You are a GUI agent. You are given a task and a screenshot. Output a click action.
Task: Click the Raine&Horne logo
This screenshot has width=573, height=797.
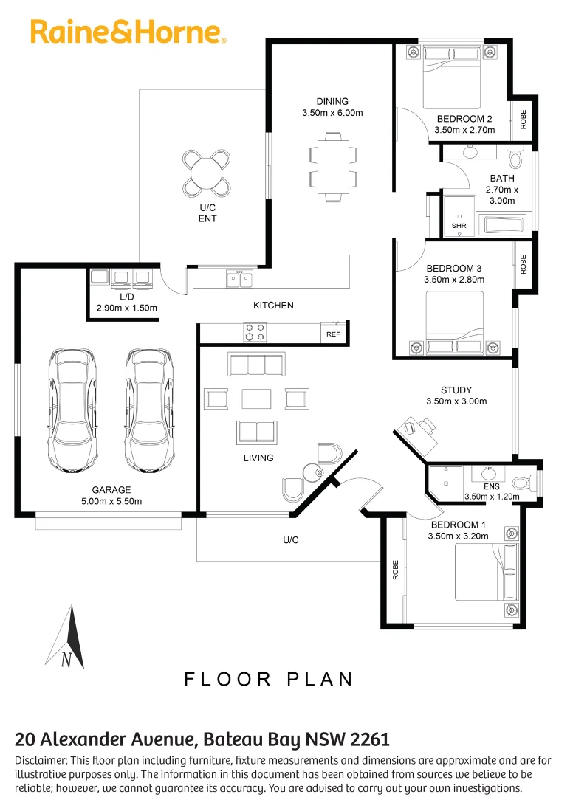point(128,32)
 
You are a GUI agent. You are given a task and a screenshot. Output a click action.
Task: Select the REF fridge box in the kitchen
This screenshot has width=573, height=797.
point(334,334)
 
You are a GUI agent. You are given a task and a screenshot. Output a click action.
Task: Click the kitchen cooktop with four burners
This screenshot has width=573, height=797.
point(255,332)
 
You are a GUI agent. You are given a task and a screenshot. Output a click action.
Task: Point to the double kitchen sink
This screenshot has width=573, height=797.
point(239,278)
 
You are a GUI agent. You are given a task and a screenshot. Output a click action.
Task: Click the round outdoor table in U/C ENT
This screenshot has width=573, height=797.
point(207,174)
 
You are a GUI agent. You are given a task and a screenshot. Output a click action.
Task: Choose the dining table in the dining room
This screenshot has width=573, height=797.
point(334,167)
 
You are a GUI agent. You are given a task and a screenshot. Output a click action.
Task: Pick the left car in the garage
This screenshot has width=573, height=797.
point(72,410)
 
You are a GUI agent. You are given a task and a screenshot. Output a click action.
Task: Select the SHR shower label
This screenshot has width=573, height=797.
point(459,226)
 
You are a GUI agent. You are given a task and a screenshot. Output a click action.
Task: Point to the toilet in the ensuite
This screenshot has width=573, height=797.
point(524,482)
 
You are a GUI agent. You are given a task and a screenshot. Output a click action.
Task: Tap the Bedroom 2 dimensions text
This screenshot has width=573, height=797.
point(464,130)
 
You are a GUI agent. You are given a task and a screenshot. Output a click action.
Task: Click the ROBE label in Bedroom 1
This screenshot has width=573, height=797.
point(396,570)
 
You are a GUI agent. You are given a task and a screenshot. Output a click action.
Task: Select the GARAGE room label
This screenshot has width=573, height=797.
point(111,490)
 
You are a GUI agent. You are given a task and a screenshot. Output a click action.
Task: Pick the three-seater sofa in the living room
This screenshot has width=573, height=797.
point(257,365)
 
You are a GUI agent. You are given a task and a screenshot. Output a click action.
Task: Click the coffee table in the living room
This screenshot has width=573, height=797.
point(256,398)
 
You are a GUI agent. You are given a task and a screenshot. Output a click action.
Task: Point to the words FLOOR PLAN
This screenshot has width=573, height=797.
point(269,679)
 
